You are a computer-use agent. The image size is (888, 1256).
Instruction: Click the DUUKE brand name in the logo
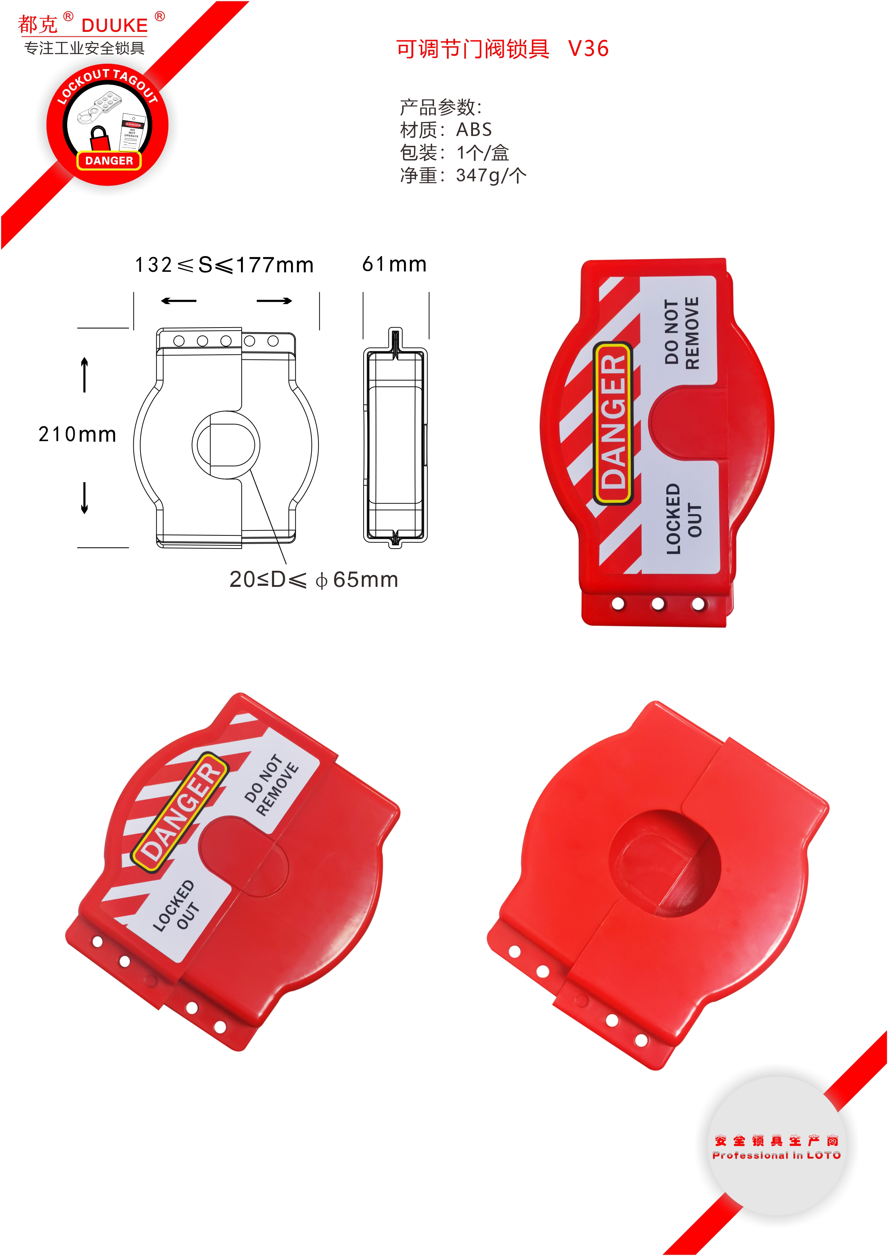click(114, 25)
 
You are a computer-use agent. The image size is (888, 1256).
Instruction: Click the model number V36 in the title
click(588, 49)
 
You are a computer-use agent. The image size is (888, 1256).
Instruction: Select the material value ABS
click(474, 130)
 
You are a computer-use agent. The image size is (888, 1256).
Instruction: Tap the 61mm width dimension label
click(394, 264)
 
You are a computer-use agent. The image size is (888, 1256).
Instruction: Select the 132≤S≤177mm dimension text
click(224, 265)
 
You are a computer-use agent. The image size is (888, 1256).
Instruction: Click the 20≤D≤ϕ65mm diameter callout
click(313, 579)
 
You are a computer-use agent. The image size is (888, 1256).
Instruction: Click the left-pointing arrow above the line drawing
click(179, 301)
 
